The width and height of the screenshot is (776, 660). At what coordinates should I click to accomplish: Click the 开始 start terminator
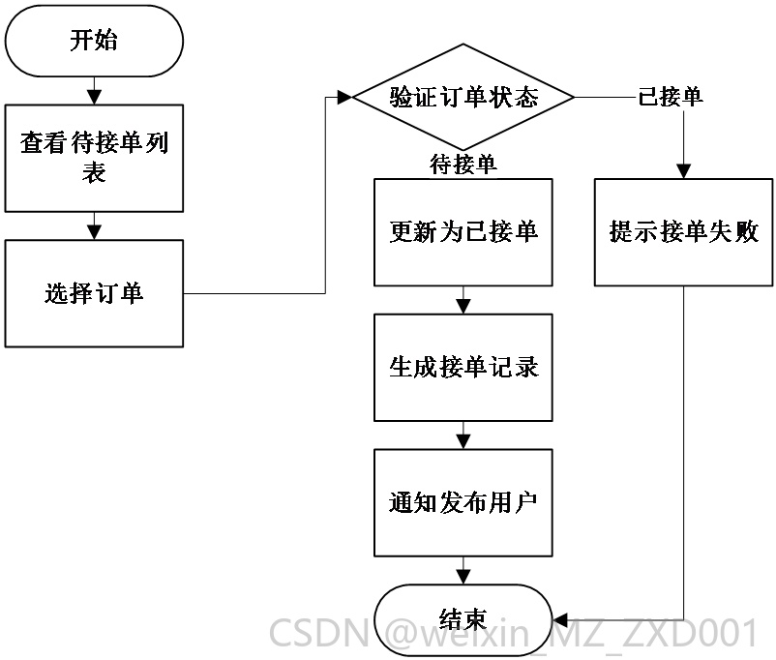pyautogui.click(x=94, y=41)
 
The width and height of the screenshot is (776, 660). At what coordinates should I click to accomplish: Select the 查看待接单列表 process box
pyautogui.click(x=94, y=159)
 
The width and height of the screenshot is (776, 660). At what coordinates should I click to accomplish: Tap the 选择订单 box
pyautogui.click(x=94, y=293)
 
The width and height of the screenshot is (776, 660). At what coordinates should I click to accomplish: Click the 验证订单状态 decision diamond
pyautogui.click(x=463, y=97)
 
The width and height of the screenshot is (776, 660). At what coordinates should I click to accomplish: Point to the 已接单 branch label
pyautogui.click(x=671, y=97)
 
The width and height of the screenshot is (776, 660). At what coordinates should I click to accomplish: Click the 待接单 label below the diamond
pyautogui.click(x=463, y=165)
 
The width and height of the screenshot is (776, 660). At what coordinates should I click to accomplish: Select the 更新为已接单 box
pyautogui.click(x=463, y=232)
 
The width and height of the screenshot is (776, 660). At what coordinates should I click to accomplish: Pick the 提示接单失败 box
pyautogui.click(x=683, y=232)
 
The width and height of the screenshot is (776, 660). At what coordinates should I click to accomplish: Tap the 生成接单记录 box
pyautogui.click(x=463, y=368)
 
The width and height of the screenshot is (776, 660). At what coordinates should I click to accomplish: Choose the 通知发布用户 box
pyautogui.click(x=463, y=503)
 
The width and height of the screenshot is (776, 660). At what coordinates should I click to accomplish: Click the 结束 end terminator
pyautogui.click(x=463, y=620)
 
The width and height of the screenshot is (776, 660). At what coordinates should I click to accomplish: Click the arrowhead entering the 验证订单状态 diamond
pyautogui.click(x=344, y=98)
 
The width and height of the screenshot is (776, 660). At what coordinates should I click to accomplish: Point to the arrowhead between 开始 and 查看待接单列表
pyautogui.click(x=94, y=97)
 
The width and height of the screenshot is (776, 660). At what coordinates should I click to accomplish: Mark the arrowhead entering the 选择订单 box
pyautogui.click(x=94, y=232)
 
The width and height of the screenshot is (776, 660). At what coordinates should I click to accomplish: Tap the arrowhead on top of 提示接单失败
pyautogui.click(x=683, y=171)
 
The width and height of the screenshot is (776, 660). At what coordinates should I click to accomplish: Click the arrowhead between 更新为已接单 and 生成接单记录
pyautogui.click(x=463, y=307)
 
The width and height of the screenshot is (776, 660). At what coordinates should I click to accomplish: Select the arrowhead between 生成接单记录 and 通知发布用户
pyautogui.click(x=463, y=441)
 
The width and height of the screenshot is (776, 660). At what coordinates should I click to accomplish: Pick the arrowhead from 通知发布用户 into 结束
pyautogui.click(x=463, y=578)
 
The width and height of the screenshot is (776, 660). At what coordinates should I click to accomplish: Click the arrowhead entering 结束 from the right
pyautogui.click(x=559, y=620)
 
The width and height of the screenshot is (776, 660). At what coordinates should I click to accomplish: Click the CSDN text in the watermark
pyautogui.click(x=319, y=633)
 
